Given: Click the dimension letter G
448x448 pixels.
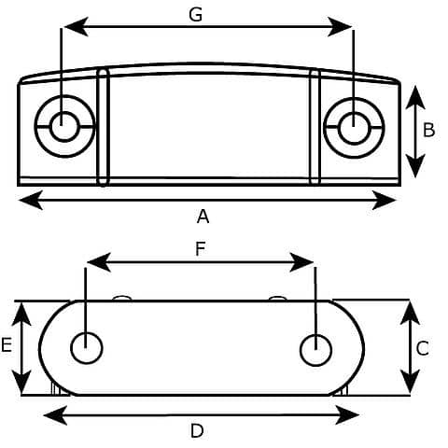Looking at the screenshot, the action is pos(196,15).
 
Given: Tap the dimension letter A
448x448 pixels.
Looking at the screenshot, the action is pos(203,216).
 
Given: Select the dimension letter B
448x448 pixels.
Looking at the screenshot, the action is pos(429,130).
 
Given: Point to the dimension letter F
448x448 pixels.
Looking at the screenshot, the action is pos(201,249).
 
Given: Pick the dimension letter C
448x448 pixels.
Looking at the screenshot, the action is pos(423,348).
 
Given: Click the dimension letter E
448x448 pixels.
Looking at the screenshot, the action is pos(7,345).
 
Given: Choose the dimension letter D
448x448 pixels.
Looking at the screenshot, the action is pos(197,431).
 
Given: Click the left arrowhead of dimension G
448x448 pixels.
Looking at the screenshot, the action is pos(76,27).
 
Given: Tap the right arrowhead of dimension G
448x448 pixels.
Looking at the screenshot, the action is pos(340,27).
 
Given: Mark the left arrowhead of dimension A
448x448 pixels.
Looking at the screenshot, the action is pos(30,200).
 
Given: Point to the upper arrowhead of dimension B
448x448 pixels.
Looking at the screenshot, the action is pos(415,97).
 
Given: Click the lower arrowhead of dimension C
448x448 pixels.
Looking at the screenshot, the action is pos(410,382).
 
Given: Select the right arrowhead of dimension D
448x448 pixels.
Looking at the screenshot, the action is pos(347,414).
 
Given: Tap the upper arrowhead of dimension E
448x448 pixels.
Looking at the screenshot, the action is pos(21,315).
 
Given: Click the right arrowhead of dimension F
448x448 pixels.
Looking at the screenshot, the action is pos(301,262).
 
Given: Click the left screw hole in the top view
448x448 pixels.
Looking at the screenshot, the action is pos(64,126).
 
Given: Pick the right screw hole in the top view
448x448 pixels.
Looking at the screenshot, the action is pos(354,128).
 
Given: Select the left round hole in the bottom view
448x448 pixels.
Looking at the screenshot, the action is pos(87,348).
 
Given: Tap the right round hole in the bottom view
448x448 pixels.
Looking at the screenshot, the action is pos(315,350).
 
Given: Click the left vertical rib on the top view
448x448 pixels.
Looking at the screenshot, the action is pos(103,128).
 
